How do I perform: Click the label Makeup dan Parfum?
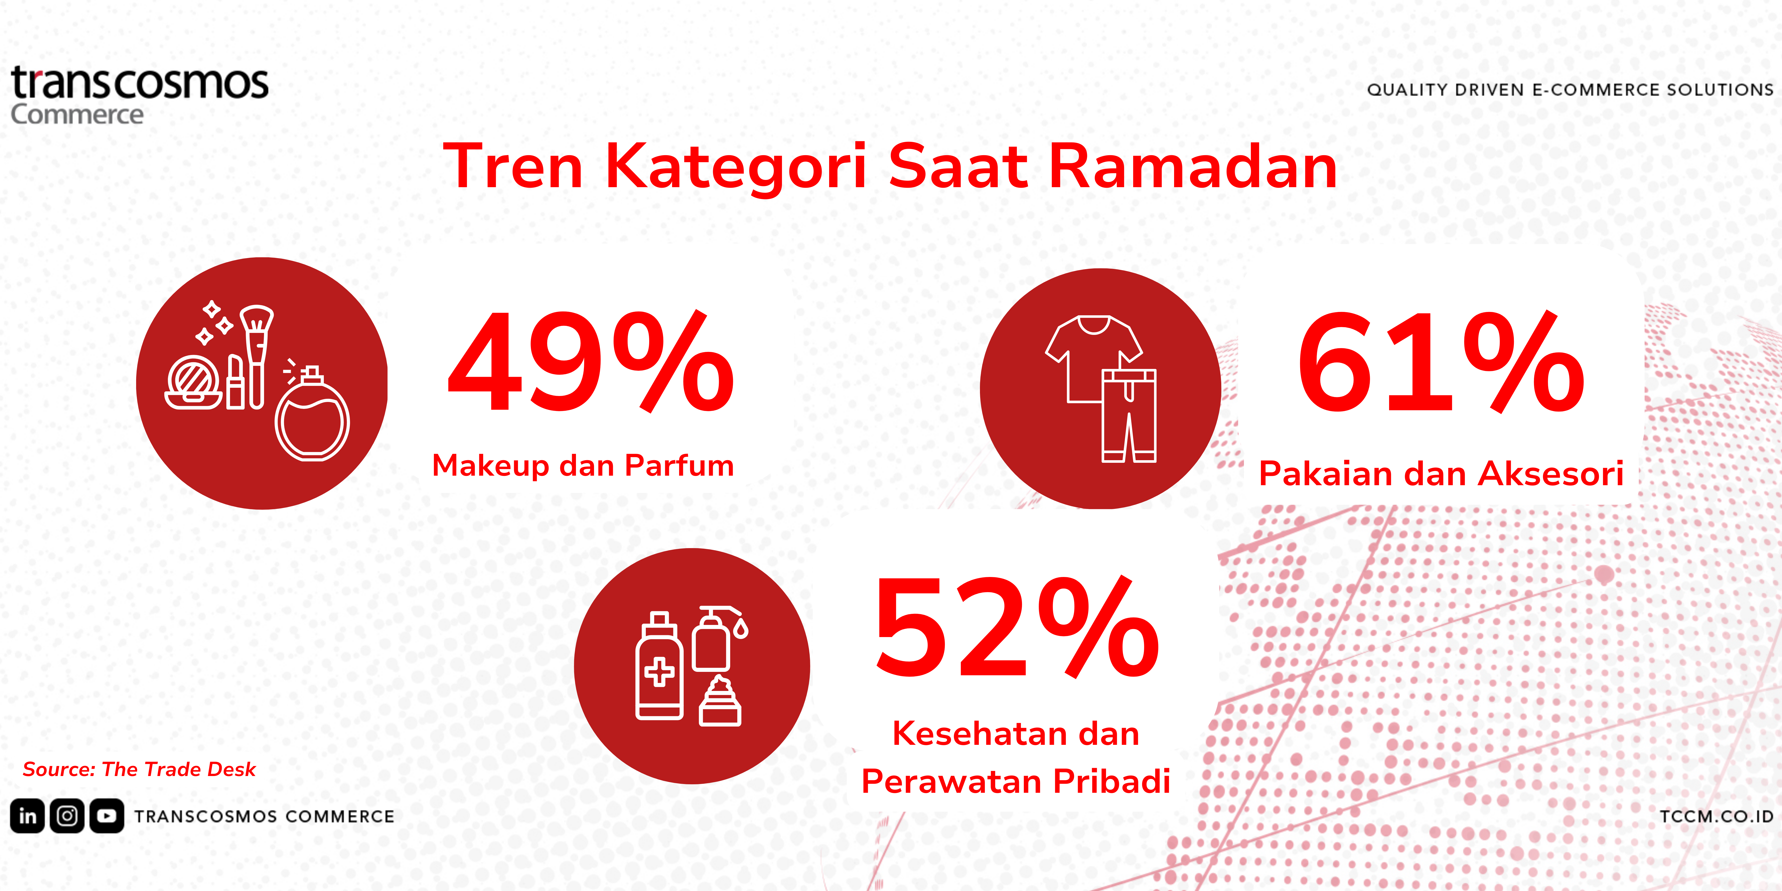[582, 466]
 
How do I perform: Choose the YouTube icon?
[106, 816]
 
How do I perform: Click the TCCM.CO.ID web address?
[1716, 816]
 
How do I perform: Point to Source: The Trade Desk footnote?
[139, 769]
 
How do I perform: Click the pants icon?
[1129, 415]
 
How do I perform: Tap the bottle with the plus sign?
[659, 666]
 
